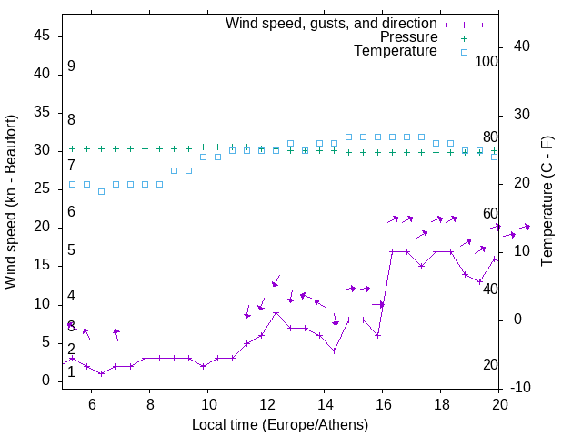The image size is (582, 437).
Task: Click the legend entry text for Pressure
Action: [x=408, y=37]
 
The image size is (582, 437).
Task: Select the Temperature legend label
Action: [x=396, y=51]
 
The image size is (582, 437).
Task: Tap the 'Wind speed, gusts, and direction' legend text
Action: [x=331, y=23]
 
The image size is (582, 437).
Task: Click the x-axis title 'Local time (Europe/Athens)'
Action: [x=280, y=424]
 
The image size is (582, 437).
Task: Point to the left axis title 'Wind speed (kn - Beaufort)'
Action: [x=11, y=202]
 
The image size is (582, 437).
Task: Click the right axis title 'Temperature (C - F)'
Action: [x=547, y=202]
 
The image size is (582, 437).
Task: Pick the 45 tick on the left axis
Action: [x=41, y=36]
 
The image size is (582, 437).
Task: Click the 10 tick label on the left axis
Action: [x=41, y=303]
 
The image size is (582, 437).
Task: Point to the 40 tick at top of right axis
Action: [x=522, y=46]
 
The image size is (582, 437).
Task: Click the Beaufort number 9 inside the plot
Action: [x=71, y=66]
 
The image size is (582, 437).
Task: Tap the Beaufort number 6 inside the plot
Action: [x=71, y=211]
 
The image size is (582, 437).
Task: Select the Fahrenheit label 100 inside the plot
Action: [x=487, y=61]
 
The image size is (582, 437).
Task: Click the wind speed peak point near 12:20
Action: [x=276, y=312]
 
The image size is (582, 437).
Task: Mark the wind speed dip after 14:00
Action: [x=334, y=351]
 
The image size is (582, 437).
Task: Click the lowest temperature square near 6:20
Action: [x=101, y=191]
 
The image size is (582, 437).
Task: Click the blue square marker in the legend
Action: [x=463, y=52]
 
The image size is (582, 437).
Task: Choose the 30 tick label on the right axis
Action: [x=522, y=115]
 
